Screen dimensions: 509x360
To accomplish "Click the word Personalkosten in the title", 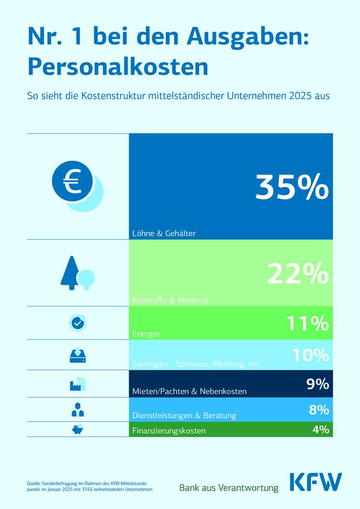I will [x=118, y=67].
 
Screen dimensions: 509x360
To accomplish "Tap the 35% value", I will [x=292, y=187].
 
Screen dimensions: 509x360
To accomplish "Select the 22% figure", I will [x=298, y=274].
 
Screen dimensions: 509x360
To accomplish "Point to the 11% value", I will [x=308, y=324].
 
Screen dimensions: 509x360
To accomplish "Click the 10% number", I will [x=311, y=355].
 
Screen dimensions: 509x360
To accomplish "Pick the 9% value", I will [x=318, y=384].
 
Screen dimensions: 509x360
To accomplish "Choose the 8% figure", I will [x=319, y=410].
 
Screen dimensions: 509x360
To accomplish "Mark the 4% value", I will [x=321, y=429].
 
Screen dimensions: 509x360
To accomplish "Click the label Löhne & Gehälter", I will [x=164, y=234].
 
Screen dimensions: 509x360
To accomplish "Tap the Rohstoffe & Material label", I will [x=170, y=300].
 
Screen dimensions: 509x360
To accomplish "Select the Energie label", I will [x=146, y=333].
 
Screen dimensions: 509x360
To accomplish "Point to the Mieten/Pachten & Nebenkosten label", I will [x=189, y=391].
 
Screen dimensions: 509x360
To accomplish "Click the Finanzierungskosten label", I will [x=169, y=431].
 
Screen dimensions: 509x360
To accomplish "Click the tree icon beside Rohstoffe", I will [x=77, y=273].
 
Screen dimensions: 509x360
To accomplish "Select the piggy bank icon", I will [x=77, y=429].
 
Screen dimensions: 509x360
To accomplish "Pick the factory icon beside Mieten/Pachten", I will [x=77, y=384].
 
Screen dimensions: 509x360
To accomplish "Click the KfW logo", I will [x=316, y=482].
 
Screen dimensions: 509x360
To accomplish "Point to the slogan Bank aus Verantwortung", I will [x=228, y=487].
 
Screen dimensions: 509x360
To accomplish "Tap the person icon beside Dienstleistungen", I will [x=77, y=410].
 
